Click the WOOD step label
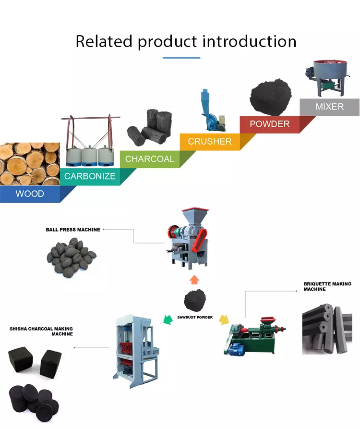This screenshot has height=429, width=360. (30, 194)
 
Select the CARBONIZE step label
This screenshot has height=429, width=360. (90, 176)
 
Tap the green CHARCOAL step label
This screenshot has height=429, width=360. (150, 159)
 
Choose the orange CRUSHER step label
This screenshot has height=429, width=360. (210, 142)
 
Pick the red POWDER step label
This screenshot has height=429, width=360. (270, 124)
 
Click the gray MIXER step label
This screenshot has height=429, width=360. (329, 107)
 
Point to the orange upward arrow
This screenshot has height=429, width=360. (194, 279)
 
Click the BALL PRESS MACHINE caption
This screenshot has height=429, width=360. (73, 230)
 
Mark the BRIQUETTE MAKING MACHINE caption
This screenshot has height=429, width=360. (327, 286)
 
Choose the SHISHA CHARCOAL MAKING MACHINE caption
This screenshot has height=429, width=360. (42, 331)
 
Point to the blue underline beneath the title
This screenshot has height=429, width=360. (181, 58)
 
